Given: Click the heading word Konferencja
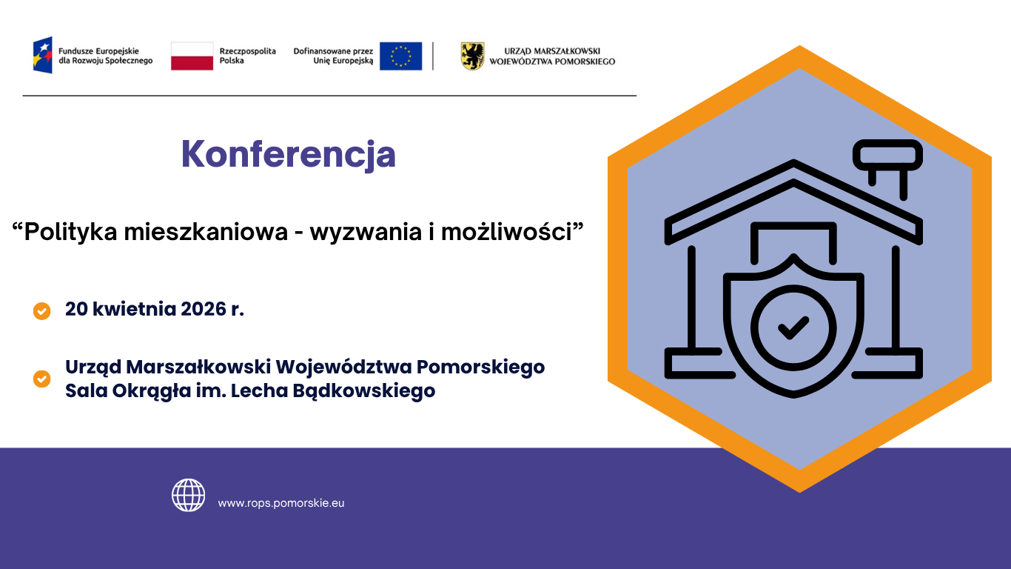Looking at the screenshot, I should click(289, 154).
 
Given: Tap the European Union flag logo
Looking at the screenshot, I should click(400, 56).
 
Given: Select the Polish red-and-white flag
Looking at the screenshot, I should click(192, 56).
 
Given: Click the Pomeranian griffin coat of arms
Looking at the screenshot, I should click(472, 56).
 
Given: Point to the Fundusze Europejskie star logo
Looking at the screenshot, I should click(42, 56).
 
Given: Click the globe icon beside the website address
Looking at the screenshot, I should click(189, 495).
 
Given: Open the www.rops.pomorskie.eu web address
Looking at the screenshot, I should click(281, 503).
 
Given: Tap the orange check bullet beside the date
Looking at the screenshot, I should click(42, 310).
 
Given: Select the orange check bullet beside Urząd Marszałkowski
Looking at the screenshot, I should click(42, 379).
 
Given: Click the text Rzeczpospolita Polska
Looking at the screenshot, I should click(247, 56).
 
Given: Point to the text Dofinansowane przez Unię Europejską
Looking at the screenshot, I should click(334, 56).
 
